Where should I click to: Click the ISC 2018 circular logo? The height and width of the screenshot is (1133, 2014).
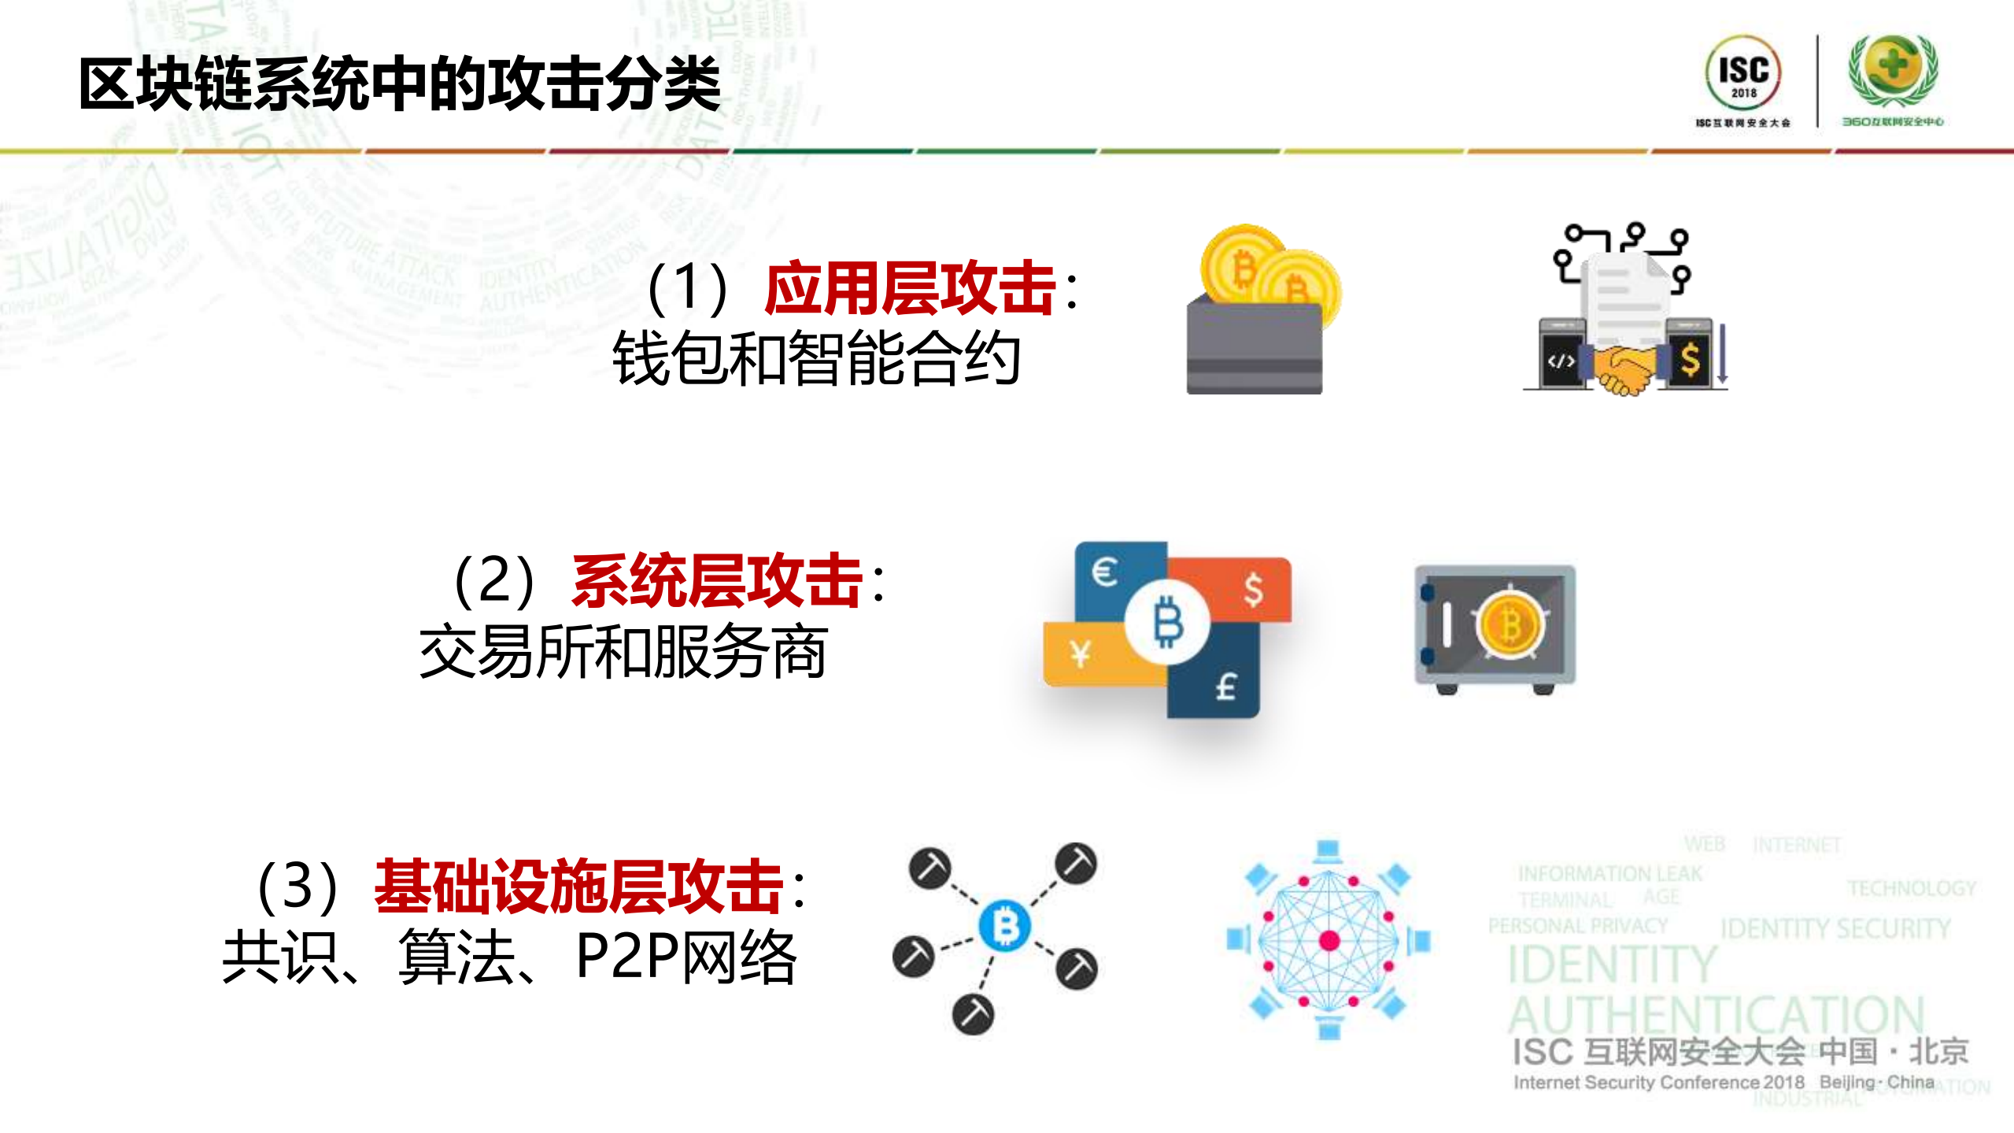click(x=1742, y=72)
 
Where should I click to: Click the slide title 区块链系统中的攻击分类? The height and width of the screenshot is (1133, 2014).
click(x=399, y=83)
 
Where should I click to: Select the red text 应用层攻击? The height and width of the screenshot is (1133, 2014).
click(x=910, y=288)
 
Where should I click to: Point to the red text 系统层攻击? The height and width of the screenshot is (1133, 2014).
click(x=717, y=581)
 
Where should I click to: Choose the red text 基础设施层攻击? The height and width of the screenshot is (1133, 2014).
click(x=578, y=887)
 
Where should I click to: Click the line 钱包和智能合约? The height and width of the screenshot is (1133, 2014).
click(x=816, y=359)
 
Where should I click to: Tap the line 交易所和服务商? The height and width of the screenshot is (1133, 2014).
click(x=623, y=652)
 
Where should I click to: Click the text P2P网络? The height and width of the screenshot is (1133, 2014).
click(x=685, y=957)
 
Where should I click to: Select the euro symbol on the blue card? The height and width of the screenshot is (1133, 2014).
click(x=1105, y=572)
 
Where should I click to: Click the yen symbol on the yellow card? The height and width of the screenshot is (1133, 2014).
click(x=1081, y=654)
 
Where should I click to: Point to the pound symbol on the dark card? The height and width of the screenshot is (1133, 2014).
click(x=1225, y=687)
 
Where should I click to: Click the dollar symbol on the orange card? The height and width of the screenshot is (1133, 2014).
click(x=1254, y=589)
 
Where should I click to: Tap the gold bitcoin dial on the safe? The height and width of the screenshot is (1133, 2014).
click(x=1510, y=627)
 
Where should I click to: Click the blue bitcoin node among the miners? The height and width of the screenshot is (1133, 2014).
click(x=1005, y=926)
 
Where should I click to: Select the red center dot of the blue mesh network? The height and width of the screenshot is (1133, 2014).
click(x=1329, y=940)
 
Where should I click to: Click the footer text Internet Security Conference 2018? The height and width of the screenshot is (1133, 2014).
click(x=1658, y=1083)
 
